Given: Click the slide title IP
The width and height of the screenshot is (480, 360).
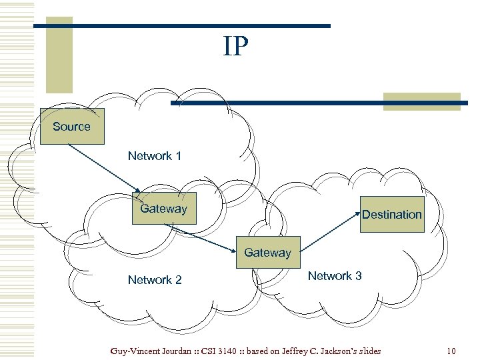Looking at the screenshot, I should (236, 47).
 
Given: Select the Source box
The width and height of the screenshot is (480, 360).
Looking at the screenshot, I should (72, 126).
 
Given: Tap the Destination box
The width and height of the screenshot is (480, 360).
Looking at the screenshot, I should (392, 214).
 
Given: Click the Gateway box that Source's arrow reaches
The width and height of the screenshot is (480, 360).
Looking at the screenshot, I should (164, 208).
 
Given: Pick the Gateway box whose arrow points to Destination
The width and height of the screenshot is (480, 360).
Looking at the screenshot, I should (268, 253).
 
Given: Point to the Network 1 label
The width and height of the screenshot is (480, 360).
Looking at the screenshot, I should (155, 155).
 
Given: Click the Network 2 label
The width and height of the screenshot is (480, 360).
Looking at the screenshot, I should (155, 279).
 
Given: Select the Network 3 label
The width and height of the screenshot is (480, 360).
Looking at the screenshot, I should (335, 275).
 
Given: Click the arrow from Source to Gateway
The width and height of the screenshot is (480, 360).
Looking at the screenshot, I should (103, 167).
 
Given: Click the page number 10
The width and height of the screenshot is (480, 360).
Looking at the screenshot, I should (451, 351).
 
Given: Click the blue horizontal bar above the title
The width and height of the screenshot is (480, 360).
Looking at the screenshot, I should (181, 26).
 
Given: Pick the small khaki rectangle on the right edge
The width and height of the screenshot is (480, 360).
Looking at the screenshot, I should (421, 101).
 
